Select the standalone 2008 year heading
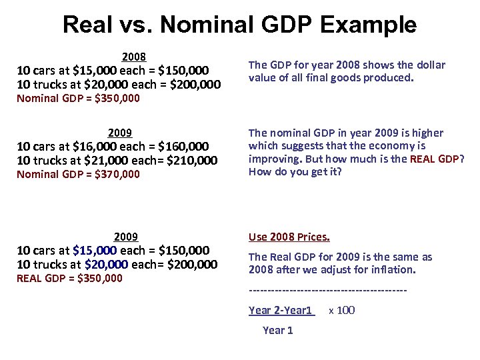134,57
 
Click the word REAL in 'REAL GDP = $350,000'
29,278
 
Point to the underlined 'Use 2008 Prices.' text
289,237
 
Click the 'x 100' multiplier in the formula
342,310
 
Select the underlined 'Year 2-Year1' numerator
281,310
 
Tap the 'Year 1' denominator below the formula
277,330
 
